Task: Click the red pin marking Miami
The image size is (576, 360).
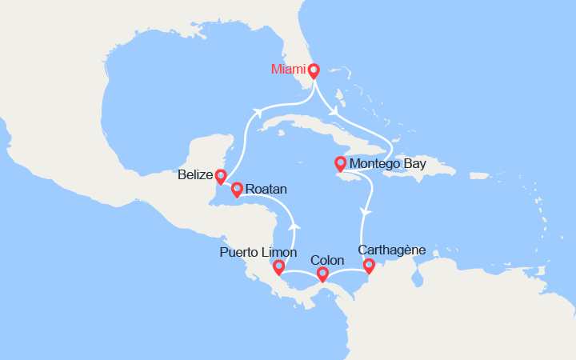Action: point(314,70)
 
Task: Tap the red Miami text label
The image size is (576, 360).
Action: point(289,70)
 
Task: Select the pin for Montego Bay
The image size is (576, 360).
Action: point(340,164)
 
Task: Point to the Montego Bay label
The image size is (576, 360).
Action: point(388,165)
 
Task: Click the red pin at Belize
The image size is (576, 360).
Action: point(221,176)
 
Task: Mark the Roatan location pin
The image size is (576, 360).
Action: point(237,190)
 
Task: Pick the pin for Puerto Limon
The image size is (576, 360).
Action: point(278,267)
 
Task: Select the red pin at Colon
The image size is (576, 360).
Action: point(322,274)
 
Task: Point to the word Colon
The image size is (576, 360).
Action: point(326,261)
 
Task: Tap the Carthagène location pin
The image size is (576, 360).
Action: point(369,266)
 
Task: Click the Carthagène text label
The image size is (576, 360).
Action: point(392,250)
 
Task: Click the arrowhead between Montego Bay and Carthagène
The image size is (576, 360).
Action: point(366,212)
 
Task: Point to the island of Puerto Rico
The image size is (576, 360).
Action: point(481,174)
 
